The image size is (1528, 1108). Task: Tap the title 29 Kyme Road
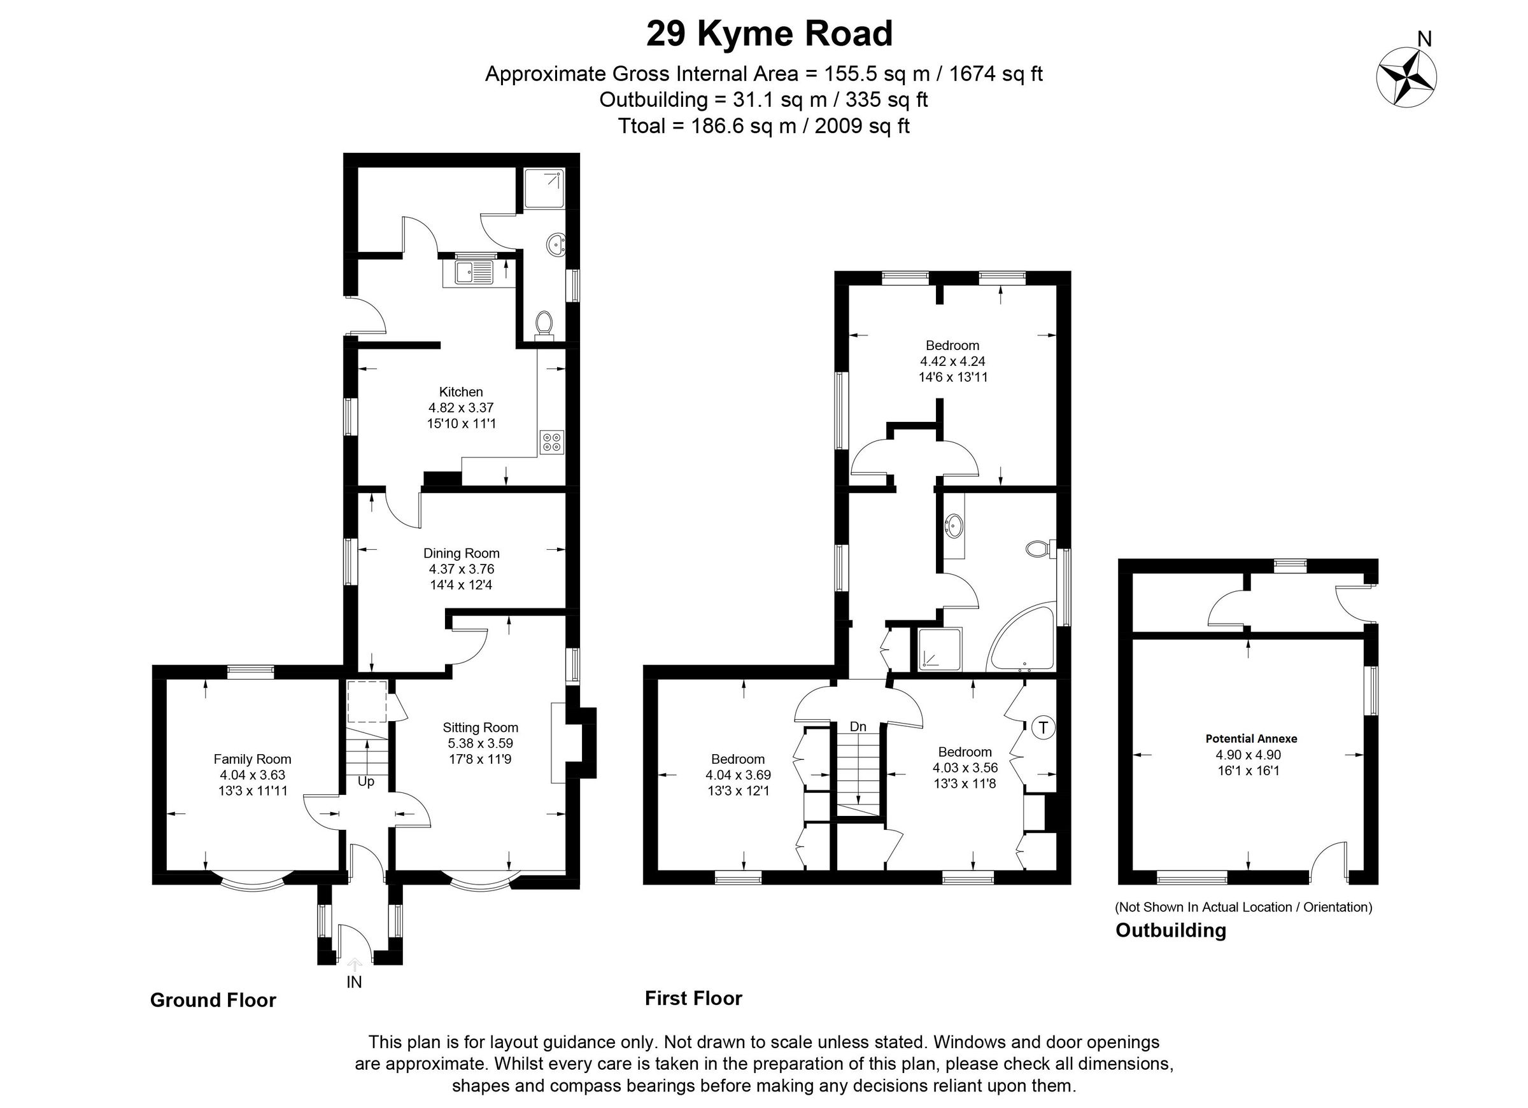[768, 34]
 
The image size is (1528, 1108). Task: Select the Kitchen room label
[461, 392]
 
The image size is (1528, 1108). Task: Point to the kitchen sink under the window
[472, 273]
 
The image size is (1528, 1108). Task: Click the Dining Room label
[461, 553]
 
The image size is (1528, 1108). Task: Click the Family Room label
[252, 759]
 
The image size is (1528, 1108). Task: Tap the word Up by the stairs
[366, 782]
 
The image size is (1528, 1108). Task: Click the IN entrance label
[355, 982]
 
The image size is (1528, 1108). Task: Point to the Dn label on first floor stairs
[858, 727]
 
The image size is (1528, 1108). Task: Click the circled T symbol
[1043, 727]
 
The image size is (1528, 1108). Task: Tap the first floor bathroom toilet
[1038, 549]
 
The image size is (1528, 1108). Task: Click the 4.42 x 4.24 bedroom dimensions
[952, 361]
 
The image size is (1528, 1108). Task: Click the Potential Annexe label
[1251, 738]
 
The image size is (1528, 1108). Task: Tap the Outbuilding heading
[1171, 930]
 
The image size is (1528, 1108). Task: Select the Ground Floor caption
[213, 1000]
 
